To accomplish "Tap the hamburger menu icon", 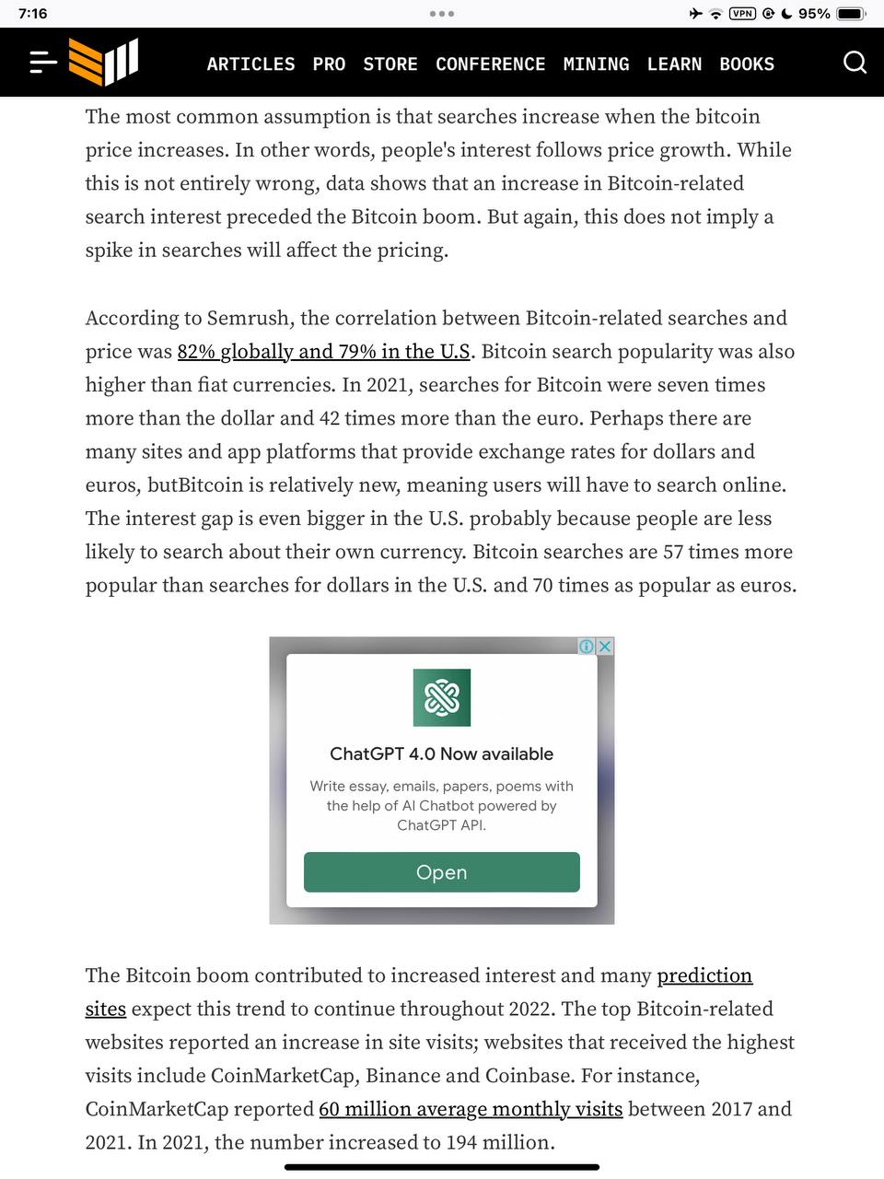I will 42,63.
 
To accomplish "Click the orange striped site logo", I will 103,62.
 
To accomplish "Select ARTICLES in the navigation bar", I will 250,64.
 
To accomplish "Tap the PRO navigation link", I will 329,64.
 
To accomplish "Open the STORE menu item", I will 390,64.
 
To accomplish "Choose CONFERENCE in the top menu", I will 490,64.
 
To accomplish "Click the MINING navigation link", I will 596,64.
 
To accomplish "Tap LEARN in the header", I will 674,64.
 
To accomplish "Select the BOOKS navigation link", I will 747,64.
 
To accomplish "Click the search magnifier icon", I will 855,63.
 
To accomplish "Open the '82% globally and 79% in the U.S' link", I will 323,352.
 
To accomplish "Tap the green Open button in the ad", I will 441,872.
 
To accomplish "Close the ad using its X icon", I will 605,647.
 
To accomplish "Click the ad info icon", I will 587,647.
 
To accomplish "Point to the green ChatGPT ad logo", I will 442,697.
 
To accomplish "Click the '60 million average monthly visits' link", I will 471,1109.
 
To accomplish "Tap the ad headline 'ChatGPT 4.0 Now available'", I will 441,753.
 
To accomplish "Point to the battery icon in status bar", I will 850,14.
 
